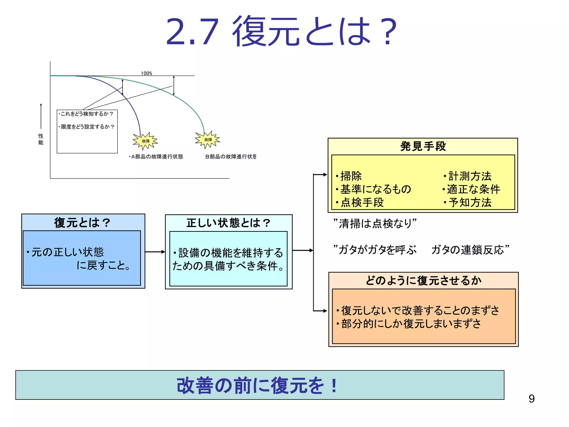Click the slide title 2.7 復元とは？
(281, 31)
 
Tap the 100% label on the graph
(146, 73)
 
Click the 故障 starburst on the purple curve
(145, 141)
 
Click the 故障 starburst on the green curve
(208, 140)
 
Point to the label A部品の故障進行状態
(156, 157)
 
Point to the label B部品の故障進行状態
(231, 157)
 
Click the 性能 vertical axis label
(41, 139)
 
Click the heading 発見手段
(423, 146)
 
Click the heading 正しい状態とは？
(228, 223)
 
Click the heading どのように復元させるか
(423, 280)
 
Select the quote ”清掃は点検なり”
(375, 224)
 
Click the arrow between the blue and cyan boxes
(155, 252)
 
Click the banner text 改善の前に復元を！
(257, 386)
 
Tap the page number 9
(531, 399)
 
